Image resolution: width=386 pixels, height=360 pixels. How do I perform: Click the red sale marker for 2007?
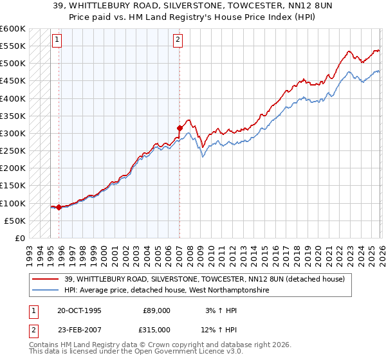pyautogui.click(x=179, y=128)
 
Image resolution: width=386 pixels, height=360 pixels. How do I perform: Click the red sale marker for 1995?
pyautogui.click(x=59, y=207)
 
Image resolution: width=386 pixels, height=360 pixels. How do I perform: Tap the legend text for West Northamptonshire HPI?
pyautogui.click(x=167, y=291)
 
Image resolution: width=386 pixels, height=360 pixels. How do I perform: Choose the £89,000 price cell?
pyautogui.click(x=157, y=310)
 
